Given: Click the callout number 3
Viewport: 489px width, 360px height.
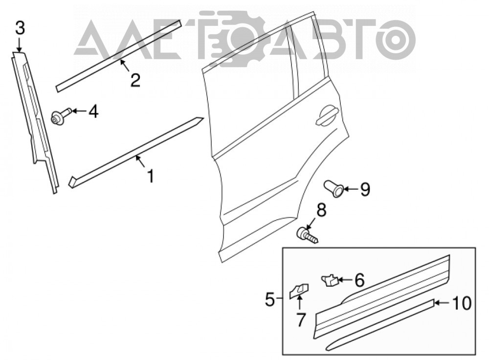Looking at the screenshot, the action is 20,28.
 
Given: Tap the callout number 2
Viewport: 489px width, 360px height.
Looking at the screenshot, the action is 135,80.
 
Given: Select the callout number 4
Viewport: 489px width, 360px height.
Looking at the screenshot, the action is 93,112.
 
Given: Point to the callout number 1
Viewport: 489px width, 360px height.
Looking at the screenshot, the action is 151,176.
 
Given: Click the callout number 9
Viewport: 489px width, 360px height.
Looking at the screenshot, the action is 365,189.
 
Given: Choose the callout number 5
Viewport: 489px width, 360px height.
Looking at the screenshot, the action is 270,300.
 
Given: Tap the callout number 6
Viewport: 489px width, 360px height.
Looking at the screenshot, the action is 359,280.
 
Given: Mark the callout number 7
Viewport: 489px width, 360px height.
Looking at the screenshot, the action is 300,320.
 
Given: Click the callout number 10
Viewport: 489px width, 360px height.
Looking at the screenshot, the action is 462,303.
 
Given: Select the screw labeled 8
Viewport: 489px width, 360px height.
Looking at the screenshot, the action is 307,236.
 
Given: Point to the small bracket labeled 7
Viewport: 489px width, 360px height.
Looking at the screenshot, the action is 299,291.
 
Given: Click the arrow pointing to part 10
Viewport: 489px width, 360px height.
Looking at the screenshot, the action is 442,303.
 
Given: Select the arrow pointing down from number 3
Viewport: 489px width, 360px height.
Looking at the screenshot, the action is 20,45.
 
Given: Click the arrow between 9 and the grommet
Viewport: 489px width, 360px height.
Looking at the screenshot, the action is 350,189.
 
